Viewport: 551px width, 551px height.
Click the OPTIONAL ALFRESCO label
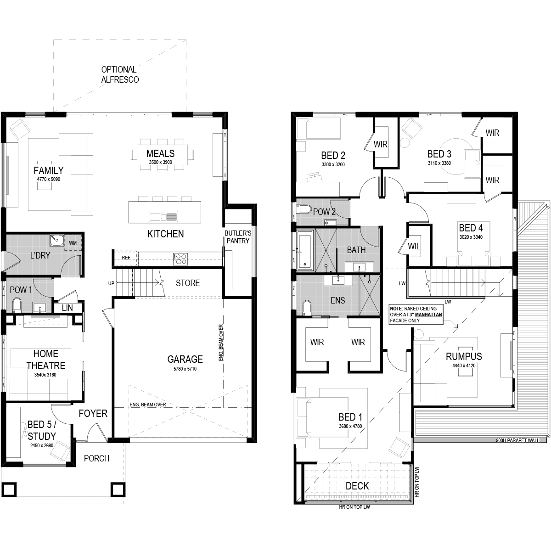point(120,74)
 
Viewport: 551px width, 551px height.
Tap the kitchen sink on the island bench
point(163,216)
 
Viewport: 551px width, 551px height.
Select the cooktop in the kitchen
point(180,259)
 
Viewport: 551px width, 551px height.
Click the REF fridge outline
point(126,258)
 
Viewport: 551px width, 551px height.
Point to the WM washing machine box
point(73,243)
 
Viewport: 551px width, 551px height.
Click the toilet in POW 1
point(17,306)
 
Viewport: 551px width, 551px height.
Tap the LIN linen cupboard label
point(67,308)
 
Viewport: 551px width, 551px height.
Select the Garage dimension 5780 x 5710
point(185,369)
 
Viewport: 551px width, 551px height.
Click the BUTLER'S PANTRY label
point(238,237)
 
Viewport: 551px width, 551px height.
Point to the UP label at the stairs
point(111,283)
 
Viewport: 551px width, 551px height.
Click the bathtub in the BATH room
point(305,250)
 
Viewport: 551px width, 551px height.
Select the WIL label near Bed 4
point(414,246)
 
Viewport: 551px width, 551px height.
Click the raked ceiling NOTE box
point(416,314)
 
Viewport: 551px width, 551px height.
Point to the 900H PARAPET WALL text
point(517,441)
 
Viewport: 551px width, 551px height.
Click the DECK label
point(357,486)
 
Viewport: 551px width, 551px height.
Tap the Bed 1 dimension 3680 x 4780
point(350,426)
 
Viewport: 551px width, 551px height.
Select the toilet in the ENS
point(307,308)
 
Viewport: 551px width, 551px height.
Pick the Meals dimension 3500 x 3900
point(160,162)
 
